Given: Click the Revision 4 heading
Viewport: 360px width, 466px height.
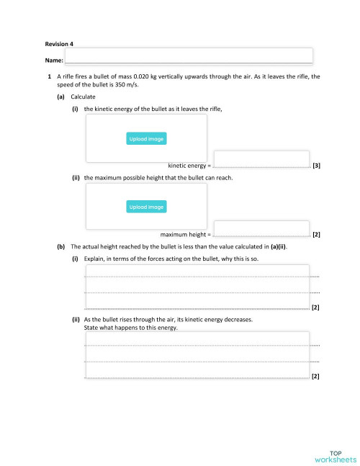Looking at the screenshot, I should click(57, 44).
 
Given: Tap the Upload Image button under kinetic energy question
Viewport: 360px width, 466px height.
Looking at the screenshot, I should click(146, 139).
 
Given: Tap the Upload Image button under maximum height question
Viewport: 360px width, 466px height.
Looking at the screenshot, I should click(146, 207).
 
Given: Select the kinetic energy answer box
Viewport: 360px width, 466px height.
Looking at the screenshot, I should click(261, 158).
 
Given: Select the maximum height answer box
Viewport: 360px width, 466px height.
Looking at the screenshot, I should click(261, 228).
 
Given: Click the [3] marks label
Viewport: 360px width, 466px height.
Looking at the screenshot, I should click(317, 166).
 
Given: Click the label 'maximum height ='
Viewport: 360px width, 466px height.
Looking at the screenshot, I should click(186, 235).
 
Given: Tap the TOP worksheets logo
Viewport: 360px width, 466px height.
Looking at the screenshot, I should click(335, 455).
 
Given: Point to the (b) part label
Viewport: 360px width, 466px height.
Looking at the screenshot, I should click(60, 246).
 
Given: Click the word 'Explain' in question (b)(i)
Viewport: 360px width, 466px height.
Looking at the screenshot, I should click(95, 258).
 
